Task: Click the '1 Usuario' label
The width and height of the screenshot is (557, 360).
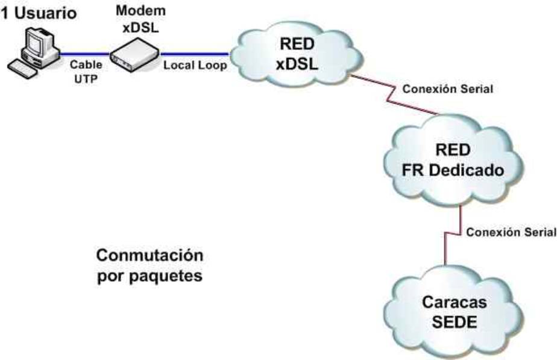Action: pos(39,13)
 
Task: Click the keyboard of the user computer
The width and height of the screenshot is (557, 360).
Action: pos(22,69)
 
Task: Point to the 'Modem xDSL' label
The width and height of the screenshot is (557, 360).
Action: pos(140,19)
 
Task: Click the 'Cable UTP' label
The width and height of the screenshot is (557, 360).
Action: pos(86,72)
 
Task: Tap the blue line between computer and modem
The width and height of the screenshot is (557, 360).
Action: pos(84,54)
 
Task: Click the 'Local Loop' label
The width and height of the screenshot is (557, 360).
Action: pos(195,65)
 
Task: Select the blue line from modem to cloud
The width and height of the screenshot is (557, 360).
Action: pos(195,54)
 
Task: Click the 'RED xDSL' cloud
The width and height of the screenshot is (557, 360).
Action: pos(297,53)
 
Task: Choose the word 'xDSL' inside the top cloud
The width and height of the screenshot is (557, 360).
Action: pos(297,65)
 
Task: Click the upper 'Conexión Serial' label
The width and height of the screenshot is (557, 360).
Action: pos(447,89)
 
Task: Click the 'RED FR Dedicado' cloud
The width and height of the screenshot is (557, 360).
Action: pos(453,160)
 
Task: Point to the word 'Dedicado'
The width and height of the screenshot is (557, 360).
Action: pos(466,170)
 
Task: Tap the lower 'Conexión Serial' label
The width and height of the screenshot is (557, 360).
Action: pos(511,232)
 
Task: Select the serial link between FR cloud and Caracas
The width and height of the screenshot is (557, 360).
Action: pos(453,235)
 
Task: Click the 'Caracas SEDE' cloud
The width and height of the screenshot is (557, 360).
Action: pos(454,311)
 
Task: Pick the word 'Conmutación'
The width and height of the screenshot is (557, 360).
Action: pos(149,256)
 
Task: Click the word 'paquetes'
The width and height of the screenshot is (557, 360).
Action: pos(166,277)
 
